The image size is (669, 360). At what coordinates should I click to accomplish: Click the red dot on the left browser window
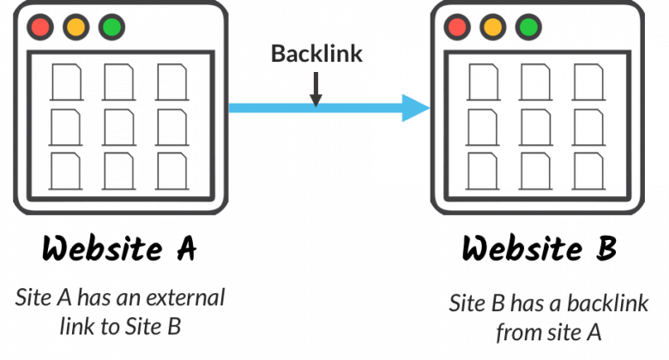(39, 27)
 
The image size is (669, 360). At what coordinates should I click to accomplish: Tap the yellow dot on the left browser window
(75, 27)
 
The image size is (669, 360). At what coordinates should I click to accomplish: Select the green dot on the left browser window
(111, 27)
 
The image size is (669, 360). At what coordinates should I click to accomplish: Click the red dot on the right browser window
(456, 27)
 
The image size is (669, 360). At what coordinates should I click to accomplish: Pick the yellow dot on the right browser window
(492, 27)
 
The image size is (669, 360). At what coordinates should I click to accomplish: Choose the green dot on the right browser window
(528, 27)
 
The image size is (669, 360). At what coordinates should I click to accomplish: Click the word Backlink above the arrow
(316, 54)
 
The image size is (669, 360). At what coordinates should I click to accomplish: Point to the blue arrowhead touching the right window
(415, 108)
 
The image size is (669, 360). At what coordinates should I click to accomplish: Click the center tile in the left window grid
(118, 127)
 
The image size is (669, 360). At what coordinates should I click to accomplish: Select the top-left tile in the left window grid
(65, 82)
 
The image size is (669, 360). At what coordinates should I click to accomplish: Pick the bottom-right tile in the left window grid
(172, 171)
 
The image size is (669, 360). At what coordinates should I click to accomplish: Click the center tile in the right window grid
(536, 127)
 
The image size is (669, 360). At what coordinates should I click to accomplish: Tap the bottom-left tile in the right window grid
(483, 171)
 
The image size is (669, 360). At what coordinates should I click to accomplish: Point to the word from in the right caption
(517, 333)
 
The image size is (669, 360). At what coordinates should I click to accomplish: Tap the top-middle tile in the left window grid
(118, 82)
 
